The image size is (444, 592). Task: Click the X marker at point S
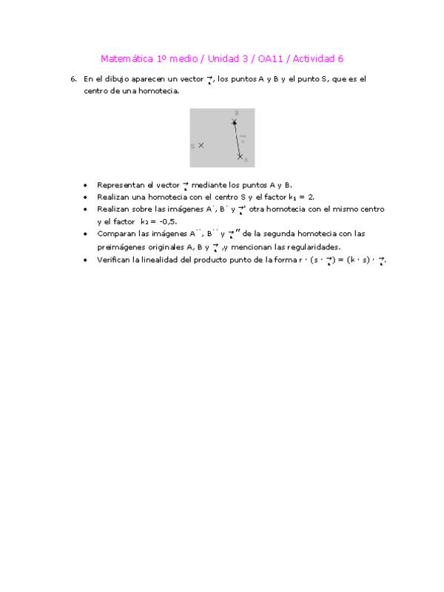[201, 146]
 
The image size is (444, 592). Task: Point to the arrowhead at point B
[235, 122]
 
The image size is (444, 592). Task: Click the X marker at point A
[240, 156]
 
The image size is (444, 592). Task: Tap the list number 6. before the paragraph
[73, 78]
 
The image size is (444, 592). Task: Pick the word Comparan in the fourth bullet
[116, 234]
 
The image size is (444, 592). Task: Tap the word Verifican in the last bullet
[114, 260]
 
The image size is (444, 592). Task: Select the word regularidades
[313, 247]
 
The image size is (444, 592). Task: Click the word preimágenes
[123, 247]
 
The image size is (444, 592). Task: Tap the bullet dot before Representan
[86, 185]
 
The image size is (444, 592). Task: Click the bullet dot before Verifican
[86, 260]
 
